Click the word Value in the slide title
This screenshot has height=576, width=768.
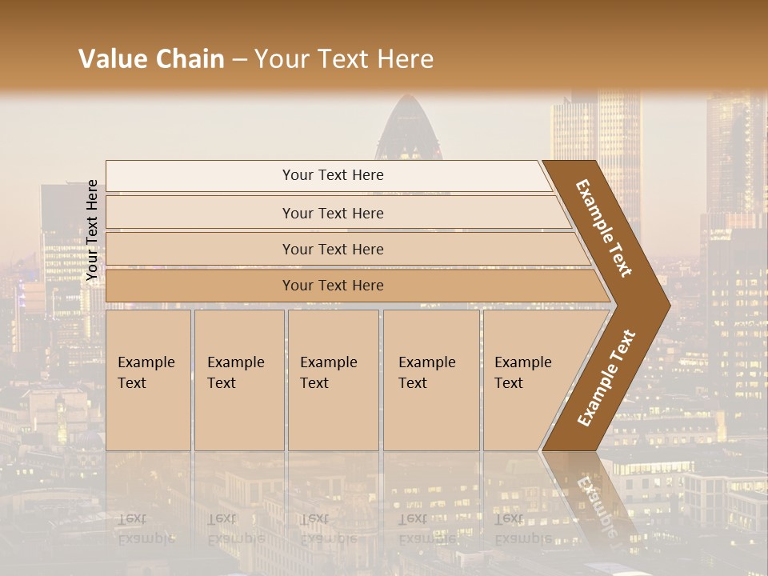[x=110, y=59]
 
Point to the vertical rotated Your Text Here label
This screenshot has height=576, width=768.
[x=92, y=230]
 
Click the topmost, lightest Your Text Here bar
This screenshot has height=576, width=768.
[x=332, y=175]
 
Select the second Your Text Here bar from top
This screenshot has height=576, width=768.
[x=332, y=213]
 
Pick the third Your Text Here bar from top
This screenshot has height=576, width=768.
[x=332, y=249]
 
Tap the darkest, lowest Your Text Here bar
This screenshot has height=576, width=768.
[x=332, y=286]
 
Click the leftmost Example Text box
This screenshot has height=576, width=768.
[x=148, y=380]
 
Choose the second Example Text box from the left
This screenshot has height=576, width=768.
[x=238, y=380]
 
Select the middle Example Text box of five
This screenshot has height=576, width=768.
[x=332, y=380]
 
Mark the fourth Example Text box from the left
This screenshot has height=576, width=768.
[x=430, y=380]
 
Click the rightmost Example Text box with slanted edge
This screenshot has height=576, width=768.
[x=528, y=380]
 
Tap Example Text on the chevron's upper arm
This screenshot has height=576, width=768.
[x=604, y=228]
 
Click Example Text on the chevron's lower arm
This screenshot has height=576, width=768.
[x=606, y=378]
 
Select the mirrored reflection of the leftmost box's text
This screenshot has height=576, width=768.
[x=146, y=528]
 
